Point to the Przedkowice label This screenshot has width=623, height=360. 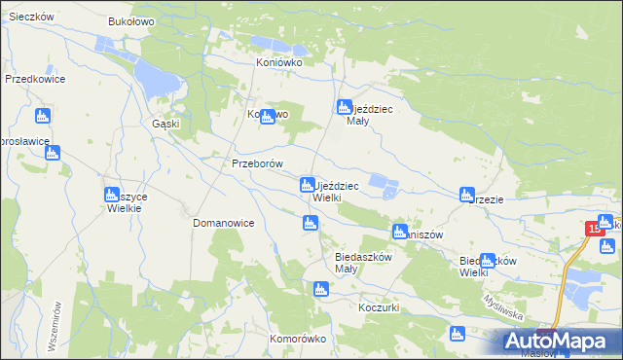coord(34,79)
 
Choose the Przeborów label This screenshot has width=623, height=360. coord(257,163)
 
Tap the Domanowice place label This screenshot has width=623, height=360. coord(223,223)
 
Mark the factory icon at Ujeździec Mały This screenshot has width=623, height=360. coord(343,107)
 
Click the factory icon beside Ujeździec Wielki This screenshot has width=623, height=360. coord(307,184)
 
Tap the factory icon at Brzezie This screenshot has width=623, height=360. coord(467,195)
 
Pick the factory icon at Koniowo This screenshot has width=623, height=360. coord(267,117)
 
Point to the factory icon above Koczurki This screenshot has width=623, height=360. coord(320,289)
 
